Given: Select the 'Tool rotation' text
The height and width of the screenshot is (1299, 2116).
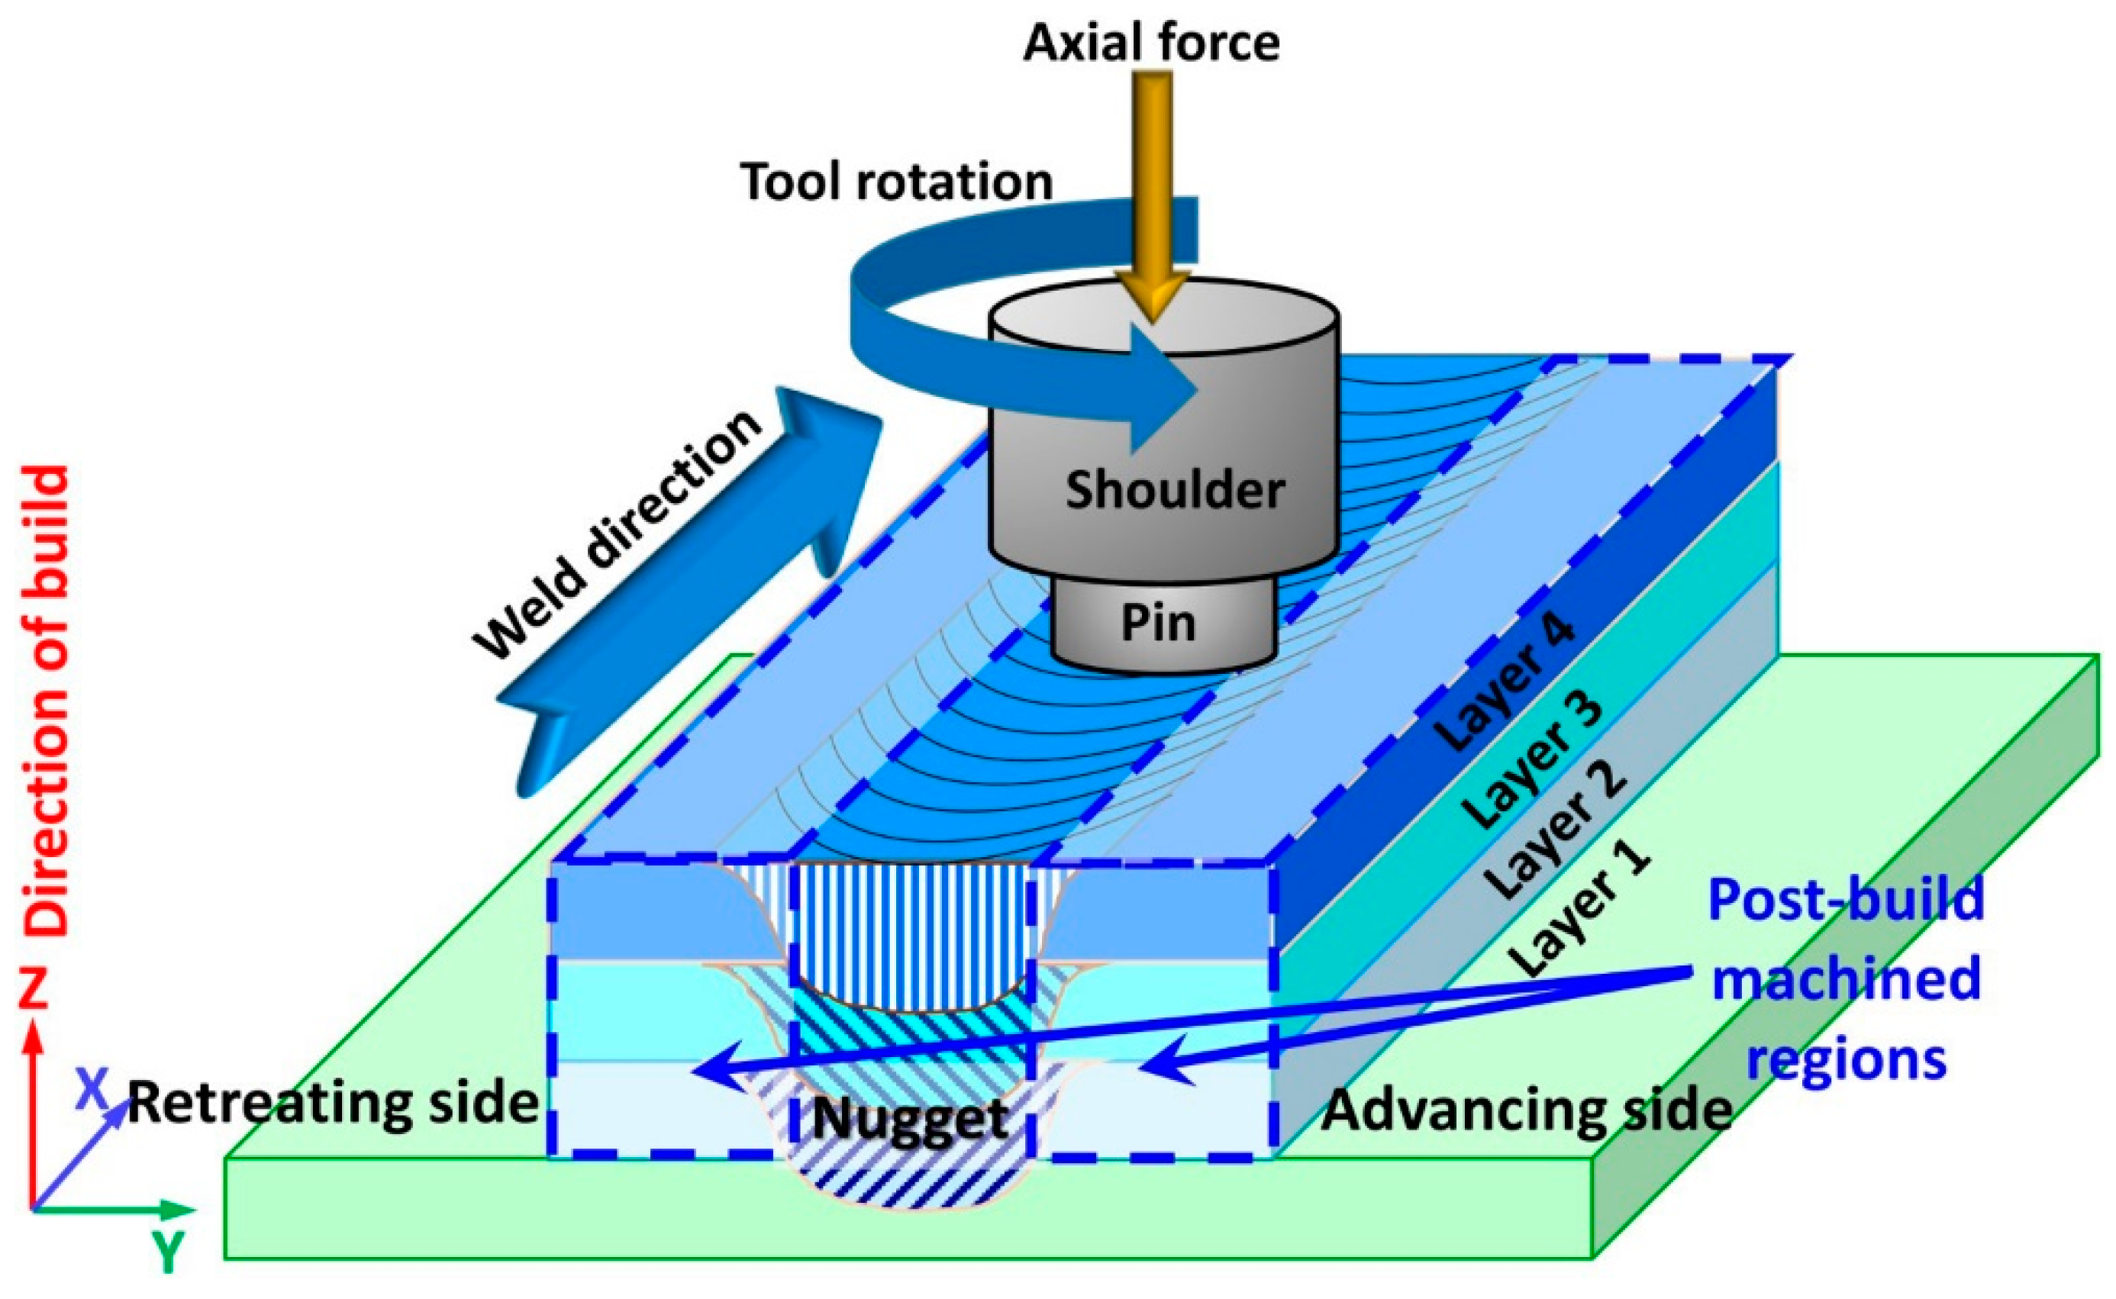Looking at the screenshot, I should click(896, 182).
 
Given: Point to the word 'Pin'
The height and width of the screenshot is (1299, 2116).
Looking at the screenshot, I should click(1158, 623).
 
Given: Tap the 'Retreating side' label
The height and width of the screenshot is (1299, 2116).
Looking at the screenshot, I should click(334, 1103).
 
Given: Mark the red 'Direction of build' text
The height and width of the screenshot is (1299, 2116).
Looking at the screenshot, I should click(45, 700).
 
